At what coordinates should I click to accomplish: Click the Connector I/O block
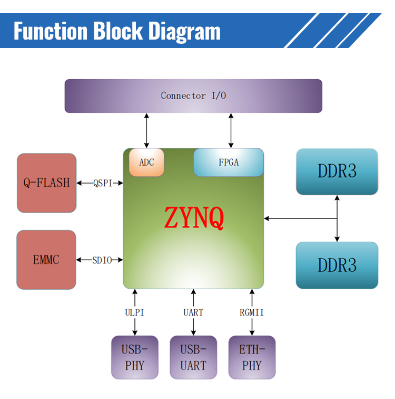pos(193,96)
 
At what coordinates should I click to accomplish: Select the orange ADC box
pos(146,163)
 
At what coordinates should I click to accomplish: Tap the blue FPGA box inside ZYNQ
pos(229,163)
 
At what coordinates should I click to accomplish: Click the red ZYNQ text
pos(194,217)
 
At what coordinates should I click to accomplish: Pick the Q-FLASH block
pos(46,183)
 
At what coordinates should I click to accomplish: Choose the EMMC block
pos(46,260)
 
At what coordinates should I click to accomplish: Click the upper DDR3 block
pos(337,172)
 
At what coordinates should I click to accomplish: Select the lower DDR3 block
pos(337,265)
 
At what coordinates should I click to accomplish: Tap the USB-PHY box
pos(135,357)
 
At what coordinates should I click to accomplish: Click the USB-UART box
pos(193,357)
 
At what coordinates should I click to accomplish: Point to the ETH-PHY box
pos(252,357)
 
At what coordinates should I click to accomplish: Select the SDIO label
pos(102,260)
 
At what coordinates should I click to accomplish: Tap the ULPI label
pos(135,312)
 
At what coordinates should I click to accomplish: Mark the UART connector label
pos(193,312)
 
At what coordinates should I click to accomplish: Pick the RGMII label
pos(252,312)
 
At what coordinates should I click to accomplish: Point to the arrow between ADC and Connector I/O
pos(146,130)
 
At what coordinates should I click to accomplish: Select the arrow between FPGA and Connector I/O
pos(231,130)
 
